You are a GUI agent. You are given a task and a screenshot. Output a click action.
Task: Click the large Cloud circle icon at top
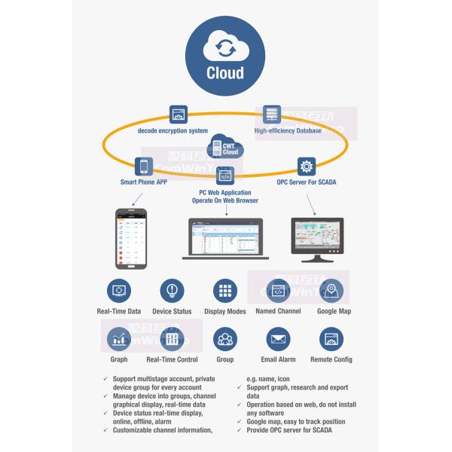(225, 54)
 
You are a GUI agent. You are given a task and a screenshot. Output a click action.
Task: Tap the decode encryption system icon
(179, 115)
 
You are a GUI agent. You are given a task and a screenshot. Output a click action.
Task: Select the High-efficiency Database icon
(272, 115)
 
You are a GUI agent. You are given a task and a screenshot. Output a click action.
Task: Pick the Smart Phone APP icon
(143, 166)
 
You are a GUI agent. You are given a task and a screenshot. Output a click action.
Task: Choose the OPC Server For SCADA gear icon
(306, 166)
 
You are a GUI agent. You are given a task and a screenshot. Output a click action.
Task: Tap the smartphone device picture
(130, 237)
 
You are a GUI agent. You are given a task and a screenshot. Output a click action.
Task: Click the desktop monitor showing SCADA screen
(317, 237)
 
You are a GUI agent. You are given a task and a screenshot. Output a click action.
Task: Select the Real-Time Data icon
(119, 291)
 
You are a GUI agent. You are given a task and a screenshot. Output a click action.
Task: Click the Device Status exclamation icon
(172, 291)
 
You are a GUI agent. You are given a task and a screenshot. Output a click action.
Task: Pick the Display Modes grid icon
(225, 291)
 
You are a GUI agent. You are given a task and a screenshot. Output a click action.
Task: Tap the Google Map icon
(331, 291)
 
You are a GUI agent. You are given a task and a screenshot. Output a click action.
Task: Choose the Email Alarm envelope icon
(278, 340)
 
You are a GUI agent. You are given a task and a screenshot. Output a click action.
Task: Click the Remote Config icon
(331, 340)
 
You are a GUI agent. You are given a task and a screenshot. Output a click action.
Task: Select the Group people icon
(225, 340)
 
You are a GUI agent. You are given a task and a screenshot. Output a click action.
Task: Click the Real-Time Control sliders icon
(172, 340)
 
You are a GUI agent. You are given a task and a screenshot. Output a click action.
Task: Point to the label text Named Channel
(278, 311)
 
